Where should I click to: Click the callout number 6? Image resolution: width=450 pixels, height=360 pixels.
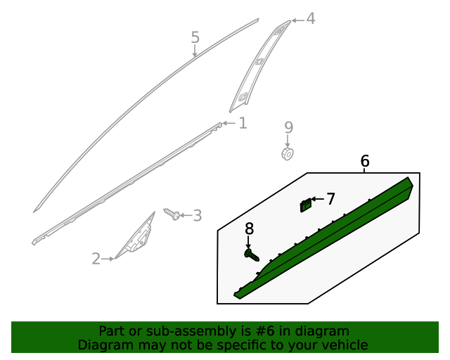tap(365, 162)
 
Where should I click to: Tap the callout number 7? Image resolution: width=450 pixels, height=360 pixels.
tap(330, 199)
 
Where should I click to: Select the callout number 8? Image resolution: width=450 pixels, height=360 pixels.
tap(249, 229)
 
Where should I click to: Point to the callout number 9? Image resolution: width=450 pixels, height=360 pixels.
tap(288, 127)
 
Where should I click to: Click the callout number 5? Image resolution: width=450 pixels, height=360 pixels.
tap(195, 37)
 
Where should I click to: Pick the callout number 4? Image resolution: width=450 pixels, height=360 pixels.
tap(310, 19)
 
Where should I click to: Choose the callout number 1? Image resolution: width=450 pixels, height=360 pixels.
tap(243, 124)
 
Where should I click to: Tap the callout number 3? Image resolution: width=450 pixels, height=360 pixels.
tap(197, 216)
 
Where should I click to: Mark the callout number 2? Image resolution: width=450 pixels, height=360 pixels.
tap(96, 259)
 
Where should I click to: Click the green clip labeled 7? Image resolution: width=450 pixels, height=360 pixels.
tap(305, 205)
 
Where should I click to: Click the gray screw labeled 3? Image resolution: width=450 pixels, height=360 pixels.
tap(172, 212)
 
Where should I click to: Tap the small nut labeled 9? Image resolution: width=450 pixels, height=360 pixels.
tap(288, 153)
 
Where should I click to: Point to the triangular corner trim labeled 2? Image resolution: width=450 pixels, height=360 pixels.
tap(137, 237)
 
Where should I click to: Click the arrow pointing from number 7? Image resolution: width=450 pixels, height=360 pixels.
tap(317, 200)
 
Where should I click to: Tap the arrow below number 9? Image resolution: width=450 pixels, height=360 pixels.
tap(288, 141)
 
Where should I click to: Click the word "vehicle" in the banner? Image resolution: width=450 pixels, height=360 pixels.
tap(344, 345)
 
